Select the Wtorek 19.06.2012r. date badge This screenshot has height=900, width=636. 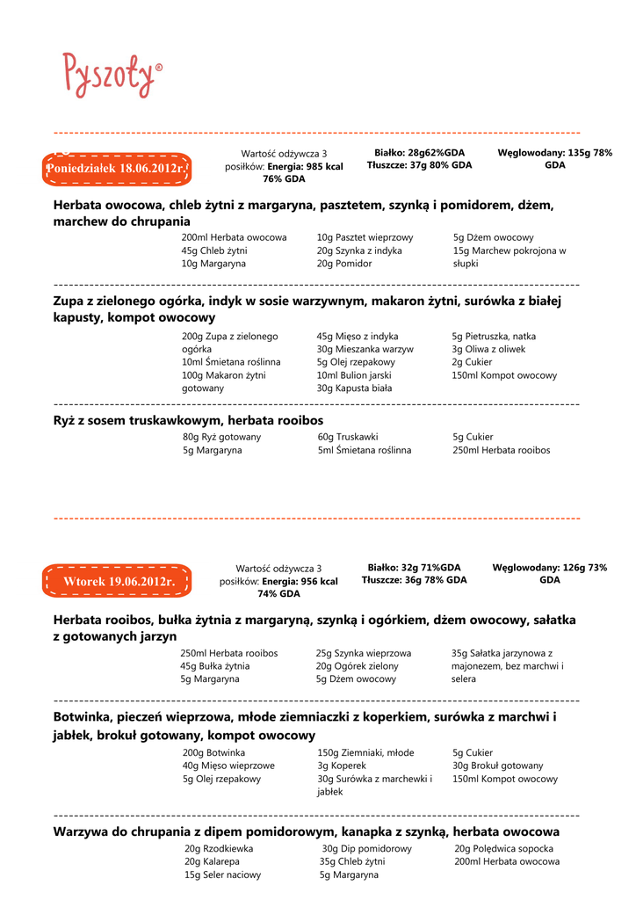pyautogui.click(x=116, y=582)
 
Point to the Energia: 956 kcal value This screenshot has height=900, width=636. pyautogui.click(x=296, y=581)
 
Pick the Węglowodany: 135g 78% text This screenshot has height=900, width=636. pyautogui.click(x=554, y=153)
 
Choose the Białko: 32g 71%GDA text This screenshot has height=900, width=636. pyautogui.click(x=414, y=568)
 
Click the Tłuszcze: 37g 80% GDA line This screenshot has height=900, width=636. pyautogui.click(x=419, y=165)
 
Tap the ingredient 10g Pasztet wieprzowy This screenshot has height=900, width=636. pyautogui.click(x=365, y=237)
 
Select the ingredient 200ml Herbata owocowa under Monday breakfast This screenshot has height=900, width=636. pyautogui.click(x=234, y=237)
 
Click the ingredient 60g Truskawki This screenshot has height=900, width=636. pyautogui.click(x=348, y=437)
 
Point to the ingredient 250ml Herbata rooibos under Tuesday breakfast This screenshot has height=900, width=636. pyautogui.click(x=228, y=653)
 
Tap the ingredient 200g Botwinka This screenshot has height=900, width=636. pyautogui.click(x=213, y=753)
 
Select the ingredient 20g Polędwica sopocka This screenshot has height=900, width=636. pyautogui.click(x=503, y=849)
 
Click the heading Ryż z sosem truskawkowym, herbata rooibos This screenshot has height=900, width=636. pyautogui.click(x=188, y=420)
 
